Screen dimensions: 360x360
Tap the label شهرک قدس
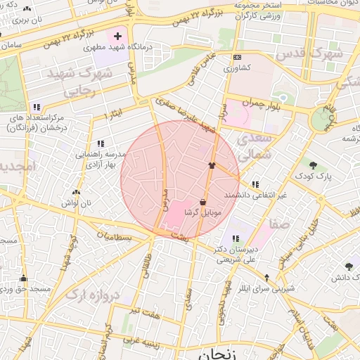(x=309, y=53)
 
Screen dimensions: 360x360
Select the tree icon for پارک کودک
(x=313, y=165)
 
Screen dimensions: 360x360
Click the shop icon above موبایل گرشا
(x=203, y=202)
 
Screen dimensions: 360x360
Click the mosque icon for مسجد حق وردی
(x=23, y=278)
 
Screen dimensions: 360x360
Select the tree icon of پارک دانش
(x=349, y=266)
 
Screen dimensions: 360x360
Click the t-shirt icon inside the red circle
(x=211, y=165)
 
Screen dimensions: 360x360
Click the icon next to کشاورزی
(x=237, y=58)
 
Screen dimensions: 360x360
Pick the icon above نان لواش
(x=76, y=192)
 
